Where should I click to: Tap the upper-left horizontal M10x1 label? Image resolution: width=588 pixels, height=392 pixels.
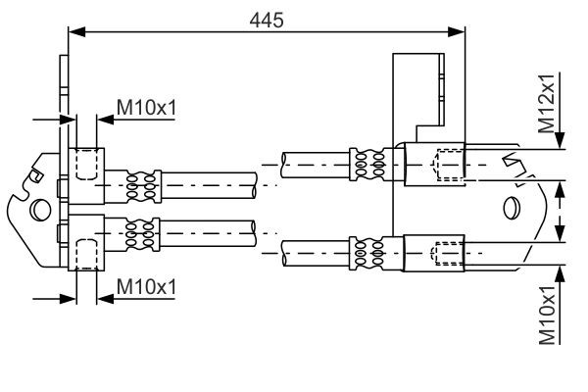coord(146,106)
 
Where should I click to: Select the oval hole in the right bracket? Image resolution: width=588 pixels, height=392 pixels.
coord(510,209)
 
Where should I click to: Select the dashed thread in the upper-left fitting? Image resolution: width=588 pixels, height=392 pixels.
coord(85,163)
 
